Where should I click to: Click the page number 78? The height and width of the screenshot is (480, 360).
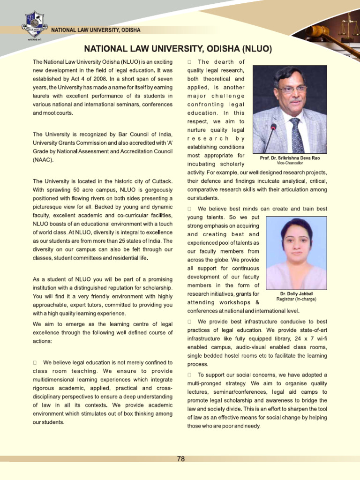[x=180, y=459]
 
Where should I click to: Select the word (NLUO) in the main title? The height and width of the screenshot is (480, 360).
[x=256, y=49]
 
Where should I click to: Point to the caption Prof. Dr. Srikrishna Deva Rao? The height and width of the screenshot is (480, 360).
[x=290, y=158]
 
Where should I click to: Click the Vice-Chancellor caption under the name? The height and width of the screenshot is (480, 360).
[x=290, y=163]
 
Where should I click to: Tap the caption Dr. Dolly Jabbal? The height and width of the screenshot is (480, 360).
[x=296, y=294]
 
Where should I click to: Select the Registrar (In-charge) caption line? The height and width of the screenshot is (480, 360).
[x=296, y=299]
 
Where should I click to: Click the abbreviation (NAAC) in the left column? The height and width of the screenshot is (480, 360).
[x=43, y=160]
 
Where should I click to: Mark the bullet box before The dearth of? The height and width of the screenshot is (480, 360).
[x=189, y=62]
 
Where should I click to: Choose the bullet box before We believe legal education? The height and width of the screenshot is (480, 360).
[x=35, y=363]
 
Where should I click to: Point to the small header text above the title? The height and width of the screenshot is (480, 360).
[x=95, y=30]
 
